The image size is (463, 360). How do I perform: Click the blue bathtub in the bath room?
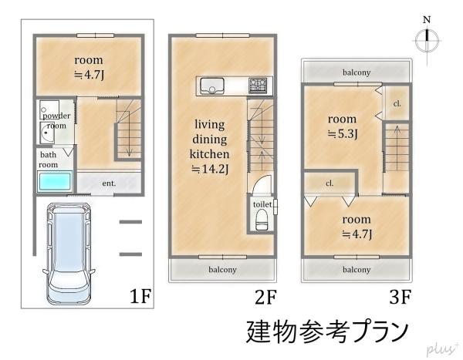[x=55, y=181]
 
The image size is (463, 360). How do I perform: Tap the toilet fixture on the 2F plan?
[x=262, y=220]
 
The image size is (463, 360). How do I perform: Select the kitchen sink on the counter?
[x=211, y=86]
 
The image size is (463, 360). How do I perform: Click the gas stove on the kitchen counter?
[x=258, y=86]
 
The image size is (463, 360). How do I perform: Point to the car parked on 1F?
[x=69, y=254]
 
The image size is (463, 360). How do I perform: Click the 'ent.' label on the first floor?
[x=109, y=183]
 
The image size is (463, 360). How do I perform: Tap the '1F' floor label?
[x=140, y=296]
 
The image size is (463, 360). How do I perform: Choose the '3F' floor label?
[x=400, y=297]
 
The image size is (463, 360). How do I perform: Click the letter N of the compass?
[x=427, y=20]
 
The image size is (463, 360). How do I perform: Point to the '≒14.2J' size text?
[x=210, y=170]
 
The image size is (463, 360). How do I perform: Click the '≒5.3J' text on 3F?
[x=343, y=134]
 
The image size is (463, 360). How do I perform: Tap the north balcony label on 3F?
[x=357, y=72]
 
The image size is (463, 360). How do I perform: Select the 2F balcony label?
[x=222, y=269]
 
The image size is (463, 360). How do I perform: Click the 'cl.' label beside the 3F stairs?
[x=397, y=103]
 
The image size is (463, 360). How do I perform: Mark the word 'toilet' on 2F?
[x=262, y=204]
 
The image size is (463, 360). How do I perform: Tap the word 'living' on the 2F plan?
[x=210, y=125]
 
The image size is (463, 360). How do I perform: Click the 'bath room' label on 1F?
[x=48, y=160]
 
